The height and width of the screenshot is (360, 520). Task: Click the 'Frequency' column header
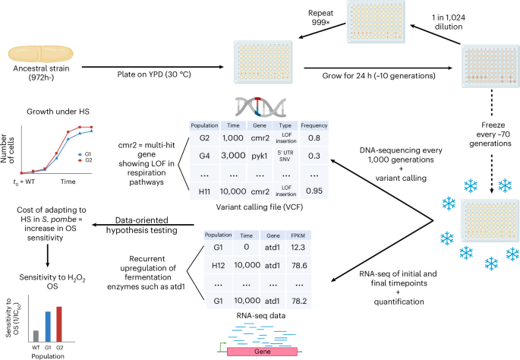pyautogui.click(x=314, y=125)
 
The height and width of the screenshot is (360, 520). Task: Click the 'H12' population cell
pyautogui.click(x=219, y=267)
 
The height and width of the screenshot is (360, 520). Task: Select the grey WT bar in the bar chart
pyautogui.click(x=36, y=336)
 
